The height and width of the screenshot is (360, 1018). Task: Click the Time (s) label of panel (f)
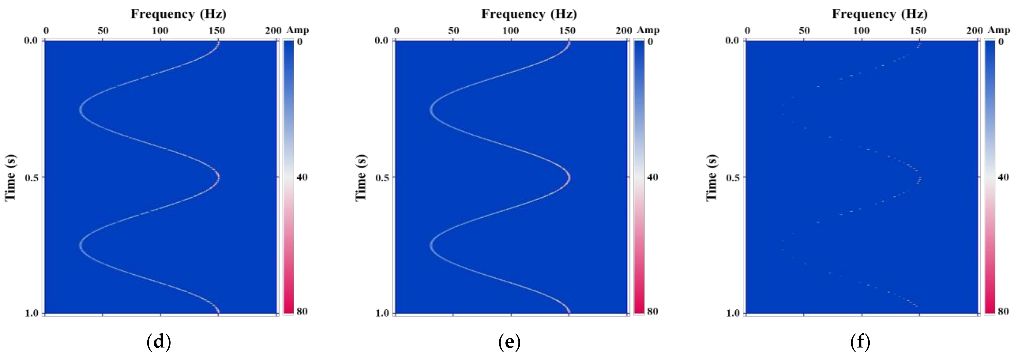pyautogui.click(x=712, y=177)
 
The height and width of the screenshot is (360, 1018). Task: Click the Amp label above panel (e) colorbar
pyautogui.click(x=648, y=30)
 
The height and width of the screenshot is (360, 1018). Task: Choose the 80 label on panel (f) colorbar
pyautogui.click(x=1003, y=312)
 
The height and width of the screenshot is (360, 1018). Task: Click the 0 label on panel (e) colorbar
pyautogui.click(x=650, y=42)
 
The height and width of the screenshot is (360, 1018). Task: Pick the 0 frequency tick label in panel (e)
pyautogui.click(x=397, y=30)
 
